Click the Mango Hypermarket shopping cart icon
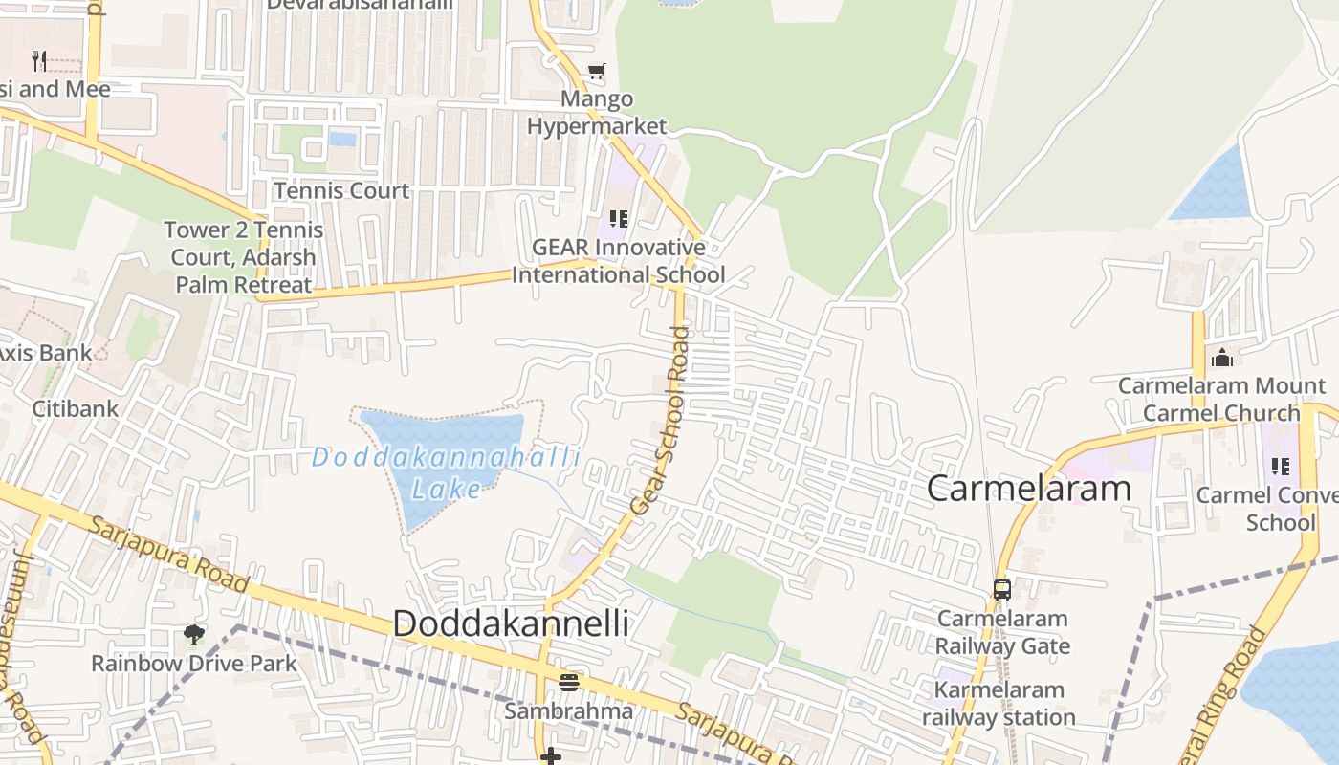coord(597,70)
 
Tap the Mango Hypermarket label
coord(597,112)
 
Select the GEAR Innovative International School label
coord(618,261)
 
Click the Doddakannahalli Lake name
coord(446,472)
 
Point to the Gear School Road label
coord(661,422)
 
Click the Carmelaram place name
coord(1029,488)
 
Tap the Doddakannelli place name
coord(511,623)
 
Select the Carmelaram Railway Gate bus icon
coord(1002,589)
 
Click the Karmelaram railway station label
coord(999,703)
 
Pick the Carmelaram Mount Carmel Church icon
coord(1222,358)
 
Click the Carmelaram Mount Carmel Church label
coord(1222,400)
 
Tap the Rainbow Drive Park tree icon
coord(194,634)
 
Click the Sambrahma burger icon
coord(569,682)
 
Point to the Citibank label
coord(76,408)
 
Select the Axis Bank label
coord(44,352)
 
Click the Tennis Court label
coord(341,190)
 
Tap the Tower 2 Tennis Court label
coord(243,257)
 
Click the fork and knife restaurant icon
coord(39,61)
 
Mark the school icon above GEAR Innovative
coord(618,219)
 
